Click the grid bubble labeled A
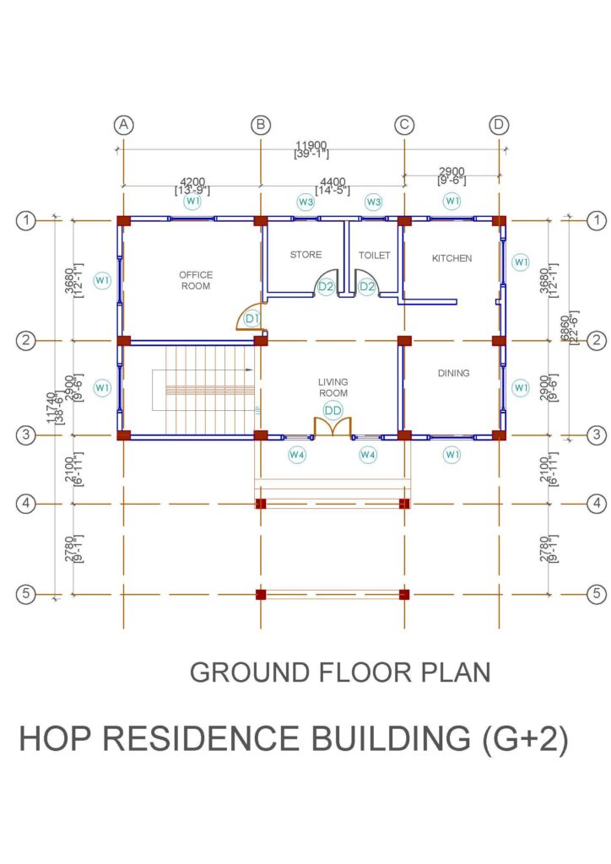123,125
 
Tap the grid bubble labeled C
404,125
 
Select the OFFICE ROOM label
196,280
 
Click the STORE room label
305,255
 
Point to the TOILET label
374,255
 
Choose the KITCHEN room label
451,258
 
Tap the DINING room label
453,373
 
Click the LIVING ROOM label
333,387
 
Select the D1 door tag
251,318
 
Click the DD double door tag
333,411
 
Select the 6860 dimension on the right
565,328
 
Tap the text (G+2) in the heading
525,739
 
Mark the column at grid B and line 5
261,595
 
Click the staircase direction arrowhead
250,370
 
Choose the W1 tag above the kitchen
451,201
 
